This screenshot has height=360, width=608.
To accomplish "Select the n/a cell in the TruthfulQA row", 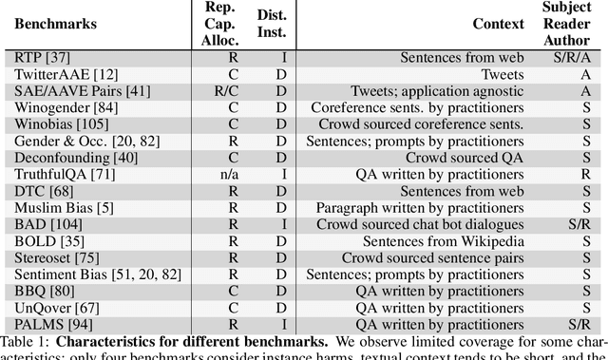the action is pos(220,175).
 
